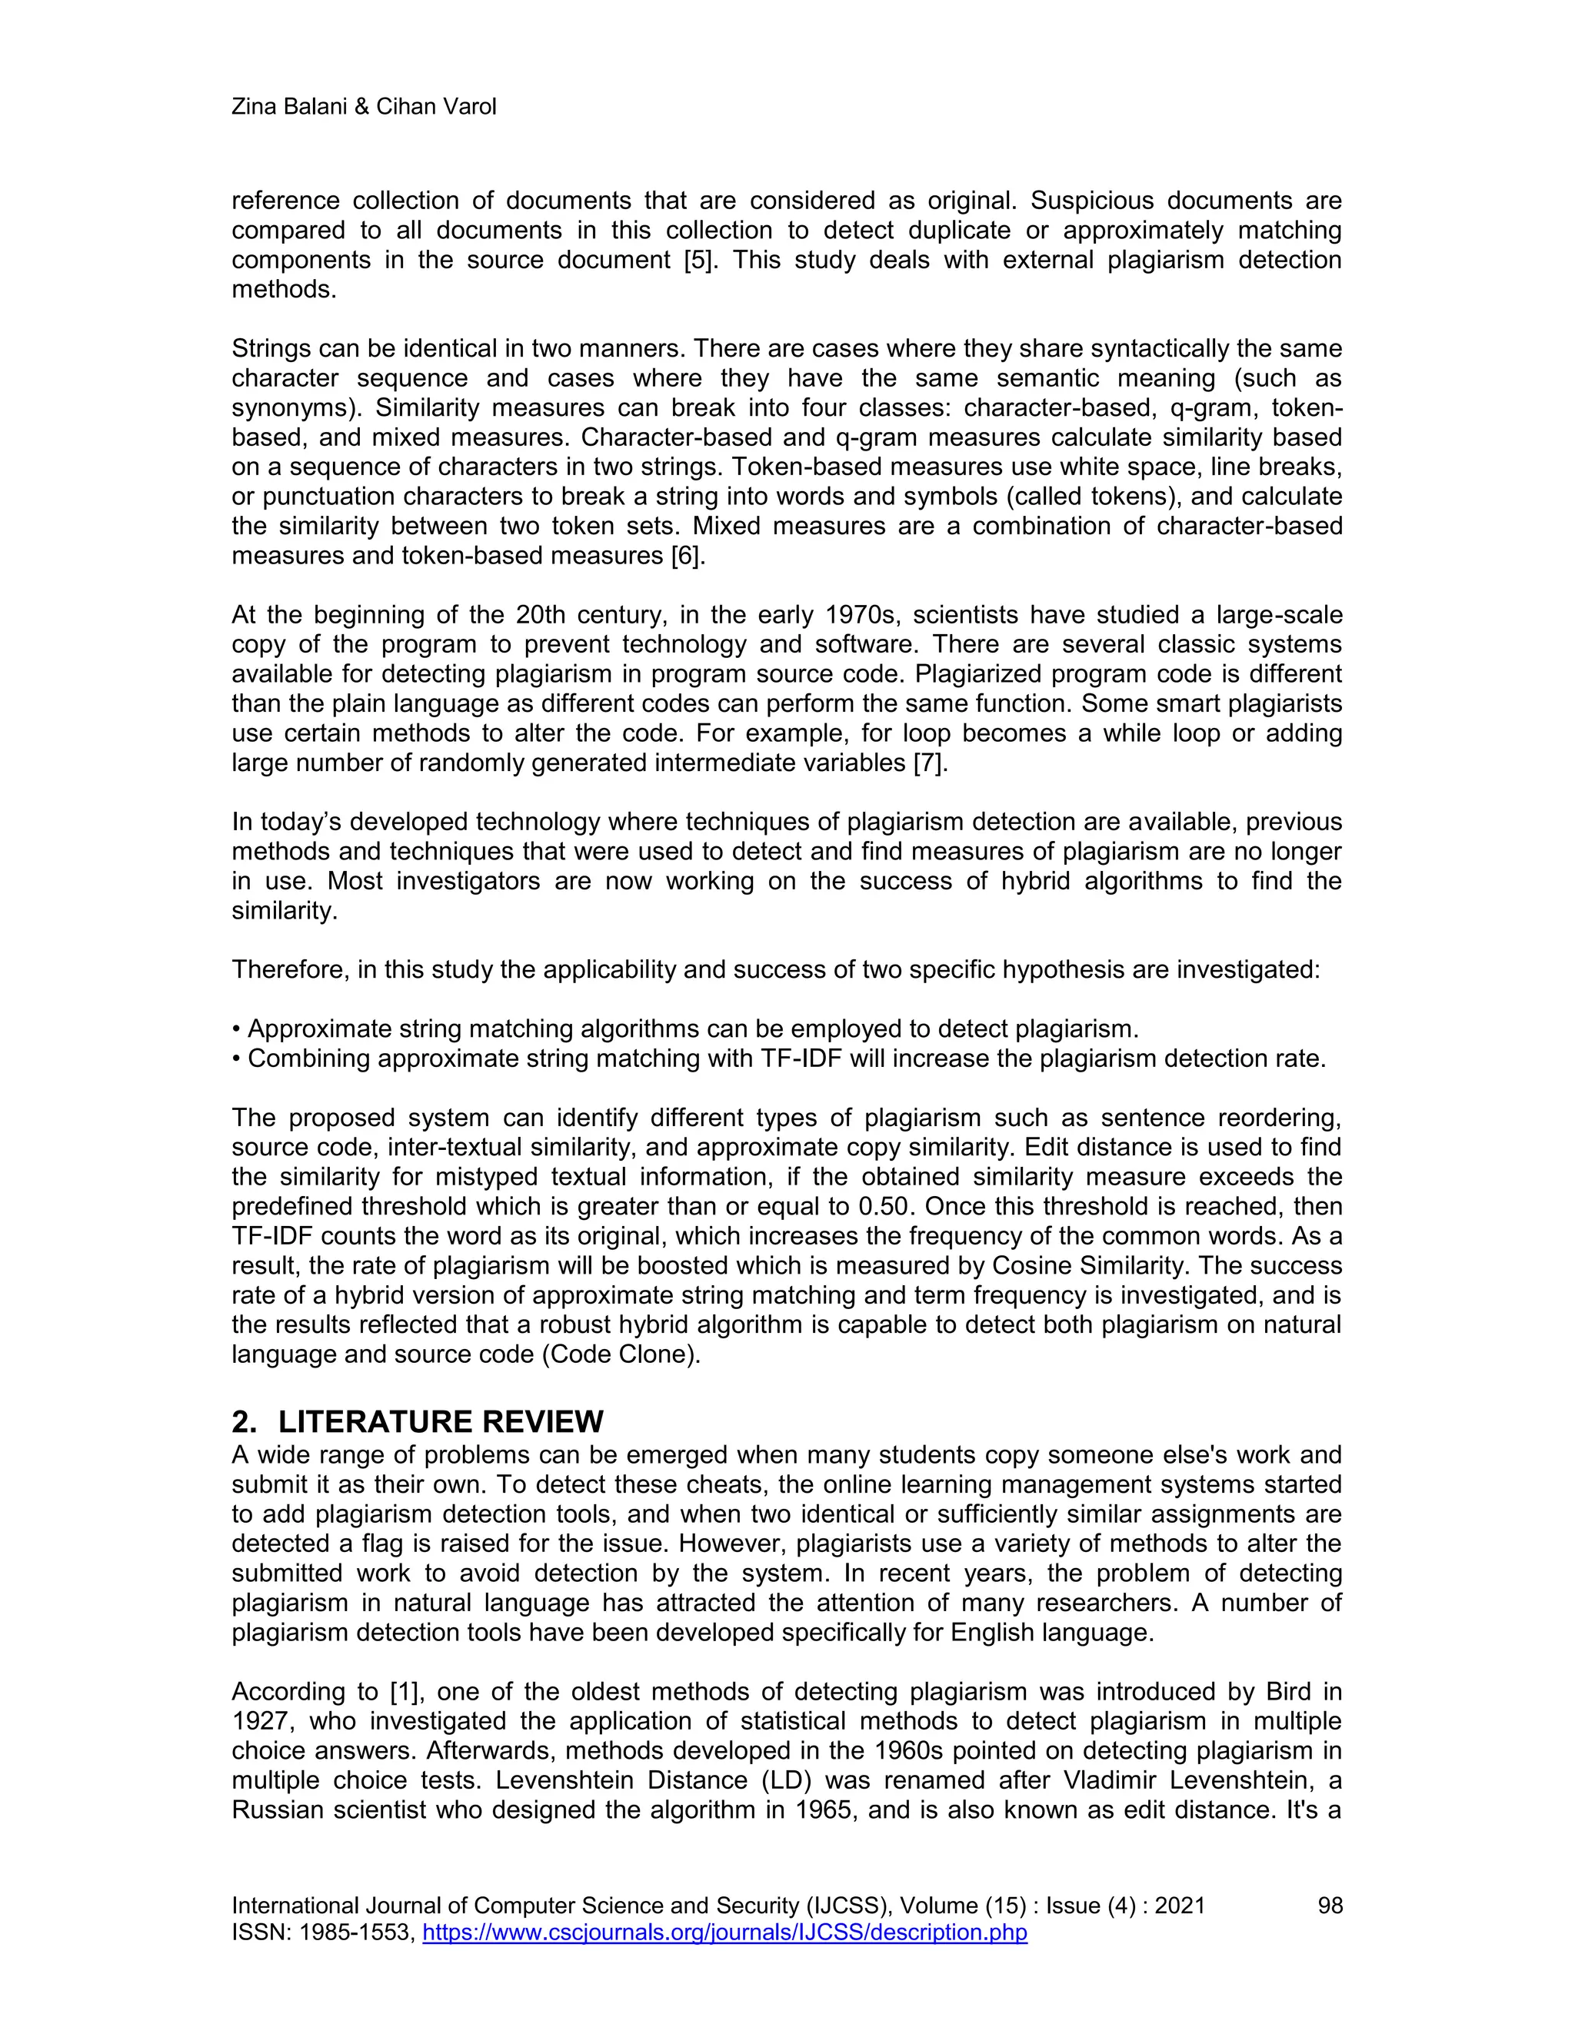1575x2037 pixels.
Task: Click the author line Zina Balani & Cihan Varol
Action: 363,108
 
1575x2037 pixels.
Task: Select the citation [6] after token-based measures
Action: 688,557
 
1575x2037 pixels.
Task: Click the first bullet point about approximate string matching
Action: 686,1030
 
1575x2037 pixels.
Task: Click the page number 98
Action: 1330,1906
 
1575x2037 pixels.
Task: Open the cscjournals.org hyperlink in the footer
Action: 725,1932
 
